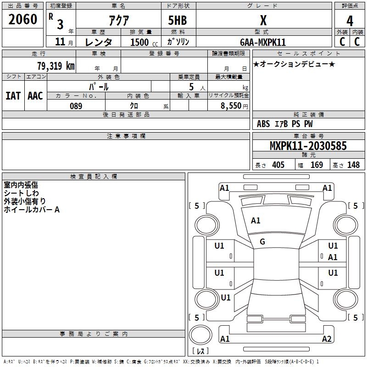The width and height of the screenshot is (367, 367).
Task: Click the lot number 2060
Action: pyautogui.click(x=22, y=19)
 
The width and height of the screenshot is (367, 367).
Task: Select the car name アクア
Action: pyautogui.click(x=119, y=20)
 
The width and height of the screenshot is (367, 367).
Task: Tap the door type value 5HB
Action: pyautogui.click(x=178, y=20)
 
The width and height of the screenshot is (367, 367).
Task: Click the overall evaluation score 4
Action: pyautogui.click(x=350, y=21)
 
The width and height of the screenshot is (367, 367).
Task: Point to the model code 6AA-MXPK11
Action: pyautogui.click(x=263, y=42)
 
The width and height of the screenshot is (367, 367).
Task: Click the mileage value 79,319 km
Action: pyautogui.click(x=56, y=66)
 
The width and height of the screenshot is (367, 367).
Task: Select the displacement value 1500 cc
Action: pyautogui.click(x=144, y=42)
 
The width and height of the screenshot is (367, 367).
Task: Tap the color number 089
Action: pyautogui.click(x=76, y=106)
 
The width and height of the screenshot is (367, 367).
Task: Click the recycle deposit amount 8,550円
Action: pyautogui.click(x=234, y=106)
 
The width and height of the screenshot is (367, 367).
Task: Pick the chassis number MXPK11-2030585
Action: pyautogui.click(x=308, y=146)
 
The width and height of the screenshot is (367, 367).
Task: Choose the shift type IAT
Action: pyautogui.click(x=13, y=96)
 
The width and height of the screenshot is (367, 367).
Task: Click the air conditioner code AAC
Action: pyautogui.click(x=35, y=96)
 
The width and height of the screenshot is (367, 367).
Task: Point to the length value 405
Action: pyautogui.click(x=278, y=165)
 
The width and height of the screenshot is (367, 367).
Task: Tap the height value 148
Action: pyautogui.click(x=353, y=165)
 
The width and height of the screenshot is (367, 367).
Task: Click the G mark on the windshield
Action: pyautogui.click(x=262, y=242)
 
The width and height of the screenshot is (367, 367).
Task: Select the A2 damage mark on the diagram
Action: pyautogui.click(x=327, y=339)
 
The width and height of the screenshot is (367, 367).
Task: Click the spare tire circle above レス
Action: pyautogui.click(x=200, y=335)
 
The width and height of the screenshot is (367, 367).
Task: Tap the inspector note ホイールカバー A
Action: pyautogui.click(x=32, y=210)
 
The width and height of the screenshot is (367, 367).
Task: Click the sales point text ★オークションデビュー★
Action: pyautogui.click(x=294, y=64)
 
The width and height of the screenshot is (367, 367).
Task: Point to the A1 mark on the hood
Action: pyautogui.click(x=256, y=221)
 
